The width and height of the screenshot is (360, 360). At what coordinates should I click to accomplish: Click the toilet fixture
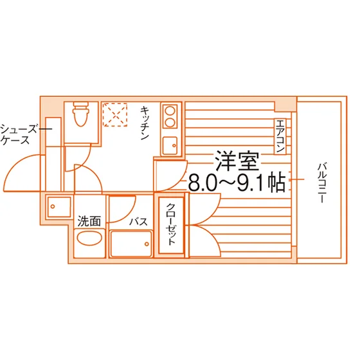click(x=80, y=114)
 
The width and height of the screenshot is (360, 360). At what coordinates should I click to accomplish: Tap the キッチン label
click(x=145, y=123)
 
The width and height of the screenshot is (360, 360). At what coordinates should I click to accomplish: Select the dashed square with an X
click(x=115, y=114)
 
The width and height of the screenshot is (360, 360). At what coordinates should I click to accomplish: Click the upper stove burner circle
click(x=170, y=111)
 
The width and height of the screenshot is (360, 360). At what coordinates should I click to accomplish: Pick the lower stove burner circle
click(x=170, y=123)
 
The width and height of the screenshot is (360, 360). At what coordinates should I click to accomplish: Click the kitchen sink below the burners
click(x=170, y=145)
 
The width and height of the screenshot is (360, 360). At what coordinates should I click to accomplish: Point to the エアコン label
click(x=280, y=136)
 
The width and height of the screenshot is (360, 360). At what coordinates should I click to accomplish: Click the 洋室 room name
click(x=237, y=161)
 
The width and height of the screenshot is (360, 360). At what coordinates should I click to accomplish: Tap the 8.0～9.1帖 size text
click(x=237, y=182)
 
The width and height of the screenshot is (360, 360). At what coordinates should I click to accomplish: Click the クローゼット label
click(x=171, y=224)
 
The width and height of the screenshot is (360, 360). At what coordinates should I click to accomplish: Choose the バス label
click(x=138, y=222)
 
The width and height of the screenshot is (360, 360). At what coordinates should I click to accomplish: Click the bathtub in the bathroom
click(x=131, y=244)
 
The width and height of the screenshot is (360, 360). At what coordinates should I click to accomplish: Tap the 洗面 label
click(x=89, y=221)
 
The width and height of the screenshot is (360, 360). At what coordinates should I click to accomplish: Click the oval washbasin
click(x=89, y=239)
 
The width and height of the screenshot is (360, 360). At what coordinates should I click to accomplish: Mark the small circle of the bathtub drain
click(x=147, y=244)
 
